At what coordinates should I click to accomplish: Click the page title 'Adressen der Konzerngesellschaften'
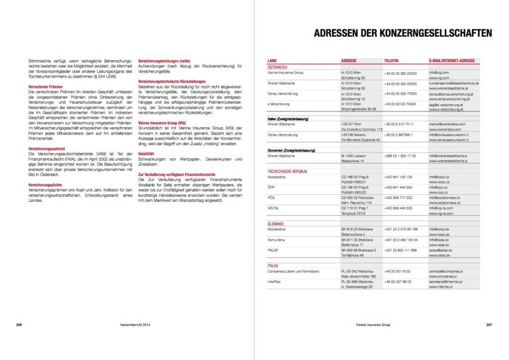[403, 33]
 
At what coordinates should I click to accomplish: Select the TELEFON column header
[391, 61]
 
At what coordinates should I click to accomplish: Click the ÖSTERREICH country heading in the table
[277, 67]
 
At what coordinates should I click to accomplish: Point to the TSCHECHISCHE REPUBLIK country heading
[287, 171]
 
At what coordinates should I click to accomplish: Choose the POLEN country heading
[274, 266]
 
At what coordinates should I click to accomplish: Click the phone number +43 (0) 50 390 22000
[400, 73]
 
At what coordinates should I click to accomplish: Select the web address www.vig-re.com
[440, 213]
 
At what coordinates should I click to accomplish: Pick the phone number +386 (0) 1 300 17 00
[400, 156]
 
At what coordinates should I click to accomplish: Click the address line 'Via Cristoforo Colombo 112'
[361, 129]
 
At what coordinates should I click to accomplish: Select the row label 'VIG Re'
[273, 208]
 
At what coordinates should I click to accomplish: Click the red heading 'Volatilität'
[146, 154]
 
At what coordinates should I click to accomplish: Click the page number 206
[19, 325]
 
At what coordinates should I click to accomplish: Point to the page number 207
[489, 325]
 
